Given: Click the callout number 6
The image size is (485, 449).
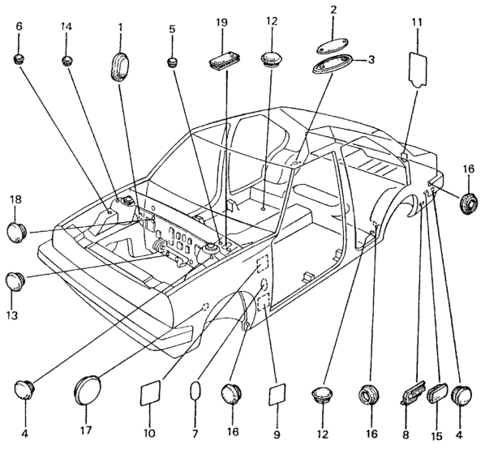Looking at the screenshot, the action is point(19,26).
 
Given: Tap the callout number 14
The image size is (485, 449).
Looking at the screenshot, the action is point(67,26).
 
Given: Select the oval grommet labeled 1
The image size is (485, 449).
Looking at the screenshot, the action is point(119,66).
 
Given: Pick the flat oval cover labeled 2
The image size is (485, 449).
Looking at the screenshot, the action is point(332,45).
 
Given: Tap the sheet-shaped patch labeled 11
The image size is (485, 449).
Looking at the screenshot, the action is point(418,69).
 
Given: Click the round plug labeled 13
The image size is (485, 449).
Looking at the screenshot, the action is point(15,281).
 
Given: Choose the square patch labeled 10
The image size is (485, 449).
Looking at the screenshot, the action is point(150,393).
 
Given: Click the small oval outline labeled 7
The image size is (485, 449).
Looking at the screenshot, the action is point(195,392).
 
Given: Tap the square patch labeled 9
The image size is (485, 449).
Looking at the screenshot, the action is point(277,394).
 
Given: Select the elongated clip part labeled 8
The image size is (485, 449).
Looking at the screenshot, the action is point(413,392).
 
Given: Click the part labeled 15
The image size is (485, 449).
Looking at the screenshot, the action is point(437,393).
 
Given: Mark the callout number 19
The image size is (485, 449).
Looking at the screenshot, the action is point(221,22).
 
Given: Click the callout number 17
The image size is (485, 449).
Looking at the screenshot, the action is point(86,430).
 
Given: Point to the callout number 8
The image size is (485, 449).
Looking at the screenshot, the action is point(406,434).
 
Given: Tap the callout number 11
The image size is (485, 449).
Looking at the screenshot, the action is point(417,22).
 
